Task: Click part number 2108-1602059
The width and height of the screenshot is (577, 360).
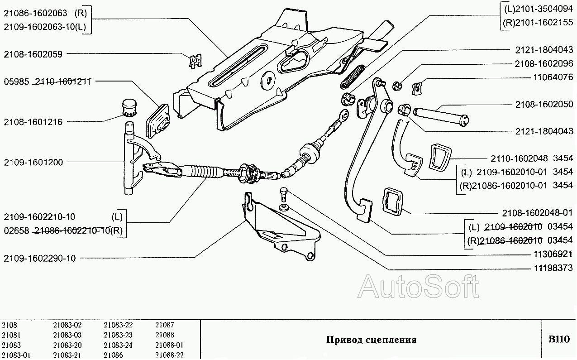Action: coord(33,53)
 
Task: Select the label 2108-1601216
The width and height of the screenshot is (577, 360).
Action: coord(33,122)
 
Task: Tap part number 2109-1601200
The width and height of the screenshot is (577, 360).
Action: coord(33,162)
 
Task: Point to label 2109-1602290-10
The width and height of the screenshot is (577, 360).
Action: coord(39,259)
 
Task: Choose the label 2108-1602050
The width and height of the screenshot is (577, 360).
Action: coord(544,104)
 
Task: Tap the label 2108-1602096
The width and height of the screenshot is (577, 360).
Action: coord(544,64)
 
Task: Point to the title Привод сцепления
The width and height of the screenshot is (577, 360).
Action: coord(371,340)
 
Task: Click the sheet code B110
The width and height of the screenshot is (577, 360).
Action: coord(559,339)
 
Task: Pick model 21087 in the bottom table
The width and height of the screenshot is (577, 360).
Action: coord(164,325)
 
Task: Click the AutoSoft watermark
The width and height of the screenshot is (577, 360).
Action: coord(418,287)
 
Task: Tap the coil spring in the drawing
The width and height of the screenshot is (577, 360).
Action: coord(353,77)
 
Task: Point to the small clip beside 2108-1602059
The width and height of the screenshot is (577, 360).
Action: coord(195,60)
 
